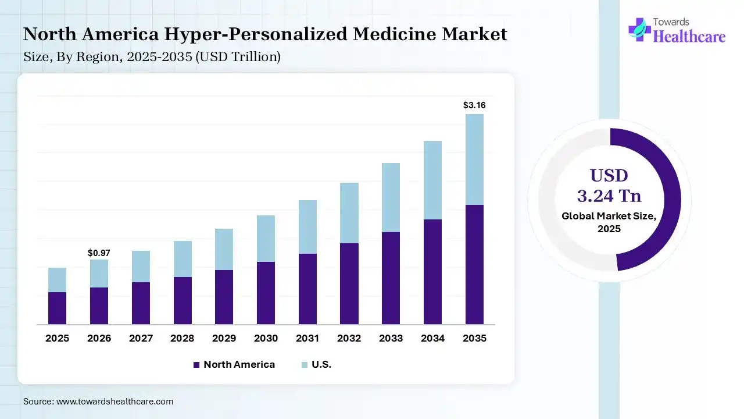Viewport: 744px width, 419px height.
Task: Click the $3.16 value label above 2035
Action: point(474,105)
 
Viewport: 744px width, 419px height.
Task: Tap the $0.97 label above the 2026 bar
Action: point(99,253)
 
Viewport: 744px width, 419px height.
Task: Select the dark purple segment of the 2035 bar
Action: point(474,264)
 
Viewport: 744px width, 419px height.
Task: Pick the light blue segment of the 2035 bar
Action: point(474,159)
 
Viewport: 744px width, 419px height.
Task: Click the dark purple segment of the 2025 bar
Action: point(57,308)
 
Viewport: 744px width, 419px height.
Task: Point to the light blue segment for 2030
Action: point(266,239)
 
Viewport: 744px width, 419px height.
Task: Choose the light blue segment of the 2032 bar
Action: point(349,213)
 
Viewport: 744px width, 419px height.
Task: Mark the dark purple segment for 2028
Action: point(183,300)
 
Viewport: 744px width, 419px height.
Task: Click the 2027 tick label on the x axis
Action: point(141,338)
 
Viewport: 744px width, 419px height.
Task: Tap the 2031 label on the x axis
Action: point(307,338)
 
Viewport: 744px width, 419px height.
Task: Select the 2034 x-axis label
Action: point(432,338)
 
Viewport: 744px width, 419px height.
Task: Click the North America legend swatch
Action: point(196,365)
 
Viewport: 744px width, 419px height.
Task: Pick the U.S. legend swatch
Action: point(305,365)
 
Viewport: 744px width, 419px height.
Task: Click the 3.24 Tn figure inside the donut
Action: point(609,196)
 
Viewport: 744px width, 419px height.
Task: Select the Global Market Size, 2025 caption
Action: point(609,222)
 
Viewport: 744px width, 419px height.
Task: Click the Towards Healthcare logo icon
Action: point(639,29)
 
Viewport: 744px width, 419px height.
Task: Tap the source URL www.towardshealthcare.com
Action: point(115,402)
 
